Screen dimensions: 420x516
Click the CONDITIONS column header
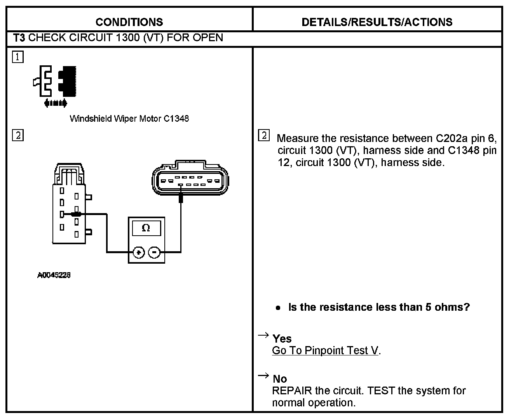click(129, 22)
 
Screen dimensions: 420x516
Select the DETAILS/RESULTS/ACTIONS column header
click(377, 22)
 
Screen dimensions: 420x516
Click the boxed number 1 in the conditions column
click(18, 58)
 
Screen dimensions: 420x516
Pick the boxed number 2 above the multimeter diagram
click(18, 135)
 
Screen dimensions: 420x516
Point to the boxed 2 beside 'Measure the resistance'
click(263, 135)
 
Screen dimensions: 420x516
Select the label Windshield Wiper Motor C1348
click(129, 119)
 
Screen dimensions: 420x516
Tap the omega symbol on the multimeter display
click(146, 228)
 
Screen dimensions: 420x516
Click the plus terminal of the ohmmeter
click(138, 253)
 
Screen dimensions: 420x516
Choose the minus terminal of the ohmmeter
click(154, 253)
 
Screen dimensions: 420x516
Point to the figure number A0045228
click(54, 275)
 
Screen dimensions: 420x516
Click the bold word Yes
click(282, 339)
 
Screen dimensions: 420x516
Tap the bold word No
click(280, 379)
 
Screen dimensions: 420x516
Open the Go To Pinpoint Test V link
click(325, 350)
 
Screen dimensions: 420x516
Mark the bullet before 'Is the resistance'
click(278, 308)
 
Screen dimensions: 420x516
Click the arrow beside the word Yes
click(263, 335)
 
